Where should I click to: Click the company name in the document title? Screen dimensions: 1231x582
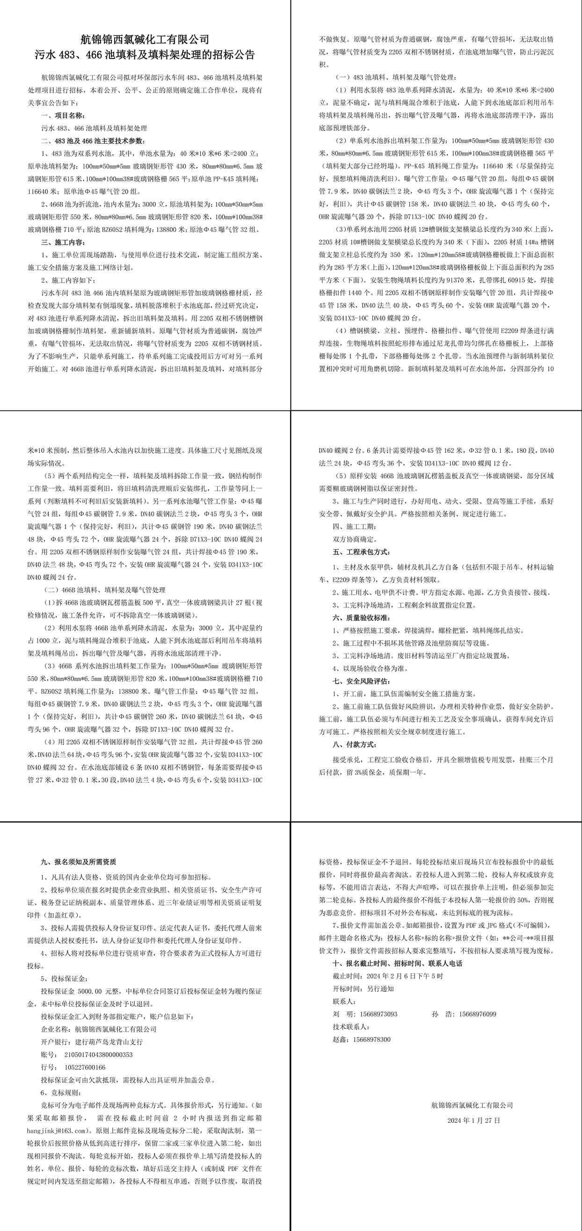coord(145,39)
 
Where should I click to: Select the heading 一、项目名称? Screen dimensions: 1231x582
coord(64,116)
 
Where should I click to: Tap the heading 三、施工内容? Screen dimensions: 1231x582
coord(64,242)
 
